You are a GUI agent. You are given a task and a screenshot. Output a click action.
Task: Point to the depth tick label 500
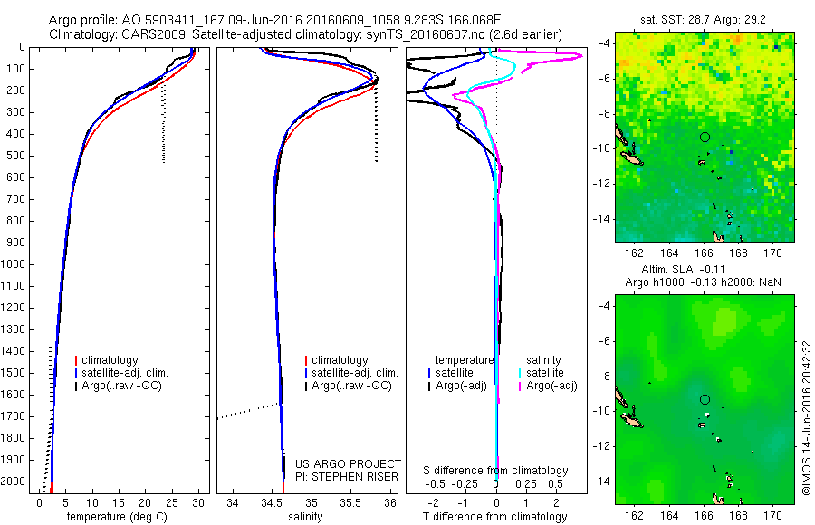click(x=18, y=156)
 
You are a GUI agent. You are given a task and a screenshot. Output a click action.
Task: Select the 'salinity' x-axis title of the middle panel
click(x=306, y=517)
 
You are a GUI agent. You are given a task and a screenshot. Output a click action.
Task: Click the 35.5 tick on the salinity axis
click(x=351, y=502)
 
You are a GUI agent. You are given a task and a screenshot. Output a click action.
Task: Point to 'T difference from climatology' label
click(x=496, y=517)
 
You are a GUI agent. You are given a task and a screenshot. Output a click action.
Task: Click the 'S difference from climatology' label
click(x=496, y=471)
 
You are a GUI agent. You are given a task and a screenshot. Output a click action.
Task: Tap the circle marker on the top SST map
click(x=705, y=137)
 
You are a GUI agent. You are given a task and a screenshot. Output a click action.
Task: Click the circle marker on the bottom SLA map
click(x=705, y=399)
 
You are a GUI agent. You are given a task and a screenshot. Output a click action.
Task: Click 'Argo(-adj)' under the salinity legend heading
click(x=551, y=386)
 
